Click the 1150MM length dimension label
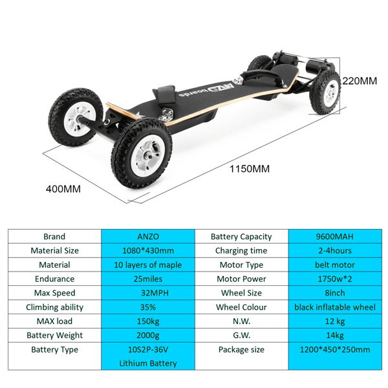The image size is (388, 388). (250, 169)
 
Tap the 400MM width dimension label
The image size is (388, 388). (63, 189)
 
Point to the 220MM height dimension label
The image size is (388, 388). (360, 81)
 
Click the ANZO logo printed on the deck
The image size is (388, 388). (221, 88)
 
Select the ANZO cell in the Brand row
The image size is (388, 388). (148, 237)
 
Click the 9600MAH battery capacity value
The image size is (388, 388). (335, 237)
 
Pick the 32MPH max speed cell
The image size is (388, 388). (148, 293)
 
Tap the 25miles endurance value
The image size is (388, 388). (148, 279)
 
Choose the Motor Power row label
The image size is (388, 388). (241, 279)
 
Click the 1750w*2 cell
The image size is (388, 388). (335, 279)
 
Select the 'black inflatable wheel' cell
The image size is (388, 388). (335, 307)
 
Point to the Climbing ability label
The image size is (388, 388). (54, 307)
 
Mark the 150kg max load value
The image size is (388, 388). (148, 321)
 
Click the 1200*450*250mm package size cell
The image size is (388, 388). (335, 356)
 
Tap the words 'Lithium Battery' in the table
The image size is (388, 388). (148, 363)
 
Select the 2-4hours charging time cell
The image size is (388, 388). (335, 251)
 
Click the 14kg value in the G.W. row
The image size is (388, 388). (335, 335)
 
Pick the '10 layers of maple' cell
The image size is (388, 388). (148, 264)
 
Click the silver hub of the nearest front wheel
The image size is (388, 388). (149, 155)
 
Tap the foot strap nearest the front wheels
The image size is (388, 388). (164, 95)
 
